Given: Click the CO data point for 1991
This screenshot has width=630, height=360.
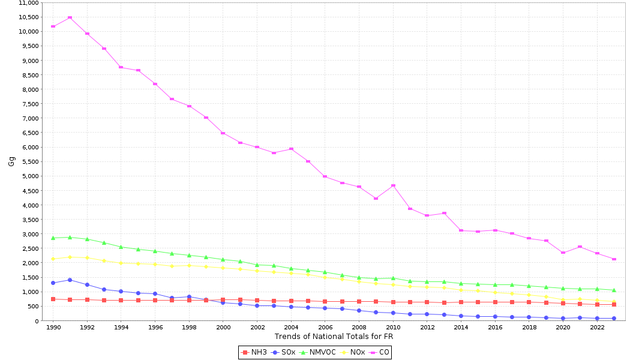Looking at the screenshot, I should click(x=70, y=17).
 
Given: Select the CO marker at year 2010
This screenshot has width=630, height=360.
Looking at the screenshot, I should click(x=393, y=185).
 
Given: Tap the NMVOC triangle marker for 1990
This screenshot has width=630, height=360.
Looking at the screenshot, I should click(x=53, y=238).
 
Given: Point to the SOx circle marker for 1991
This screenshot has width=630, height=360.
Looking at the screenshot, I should click(x=70, y=280).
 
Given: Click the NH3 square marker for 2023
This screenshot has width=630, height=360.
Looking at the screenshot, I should click(x=614, y=305).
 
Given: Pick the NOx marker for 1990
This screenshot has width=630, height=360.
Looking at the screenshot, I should click(x=53, y=259).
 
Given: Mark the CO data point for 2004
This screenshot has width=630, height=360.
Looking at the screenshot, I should click(x=291, y=149).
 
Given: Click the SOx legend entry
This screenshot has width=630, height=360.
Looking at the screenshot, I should click(x=284, y=352).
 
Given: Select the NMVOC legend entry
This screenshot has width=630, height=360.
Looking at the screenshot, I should click(x=317, y=352).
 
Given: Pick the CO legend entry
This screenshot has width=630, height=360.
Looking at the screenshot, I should click(x=380, y=352).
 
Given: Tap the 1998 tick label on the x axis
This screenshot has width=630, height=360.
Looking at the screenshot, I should click(x=189, y=328).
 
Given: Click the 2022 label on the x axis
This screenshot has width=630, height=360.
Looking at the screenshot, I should click(x=597, y=328).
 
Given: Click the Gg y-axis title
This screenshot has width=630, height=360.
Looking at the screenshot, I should click(x=11, y=161).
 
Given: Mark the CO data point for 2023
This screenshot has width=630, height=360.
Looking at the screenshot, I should click(x=614, y=259).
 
